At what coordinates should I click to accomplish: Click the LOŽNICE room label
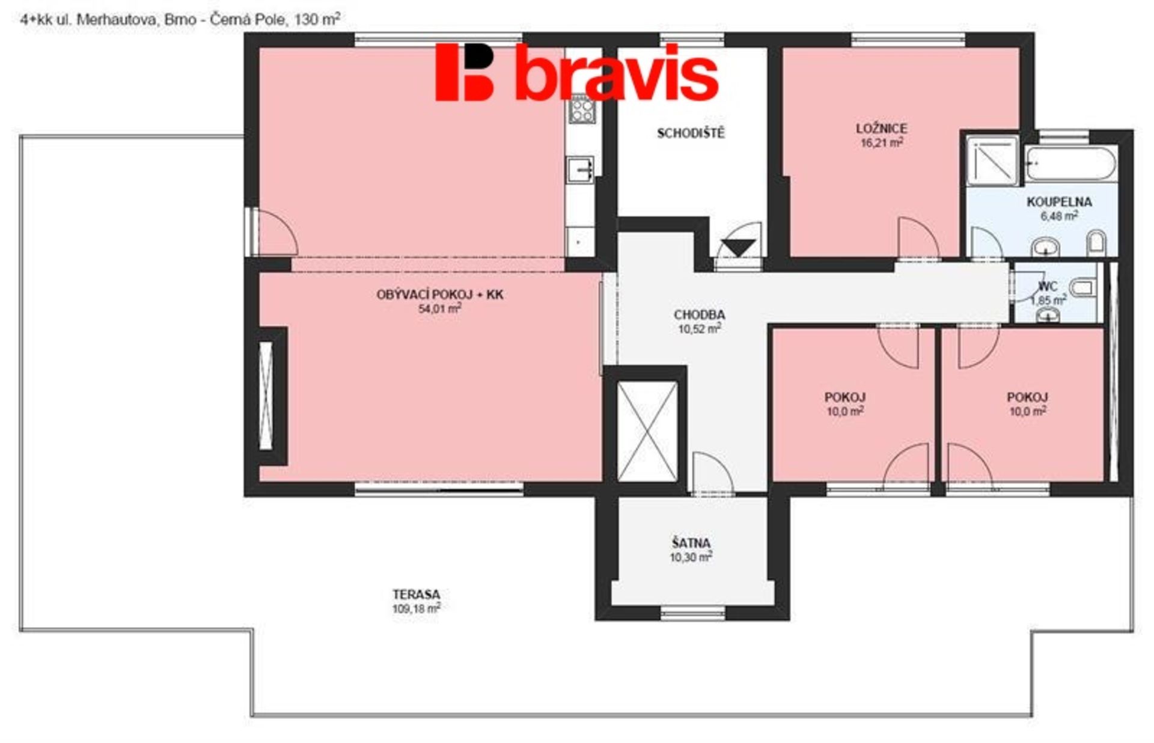pyautogui.click(x=881, y=128)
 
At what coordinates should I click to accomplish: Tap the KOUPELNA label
pyautogui.click(x=1059, y=202)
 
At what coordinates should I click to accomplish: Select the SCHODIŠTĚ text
pyautogui.click(x=691, y=133)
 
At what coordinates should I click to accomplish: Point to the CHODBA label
pyautogui.click(x=699, y=314)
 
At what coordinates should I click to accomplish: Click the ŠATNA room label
pyautogui.click(x=691, y=543)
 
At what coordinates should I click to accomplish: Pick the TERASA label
pyautogui.click(x=416, y=595)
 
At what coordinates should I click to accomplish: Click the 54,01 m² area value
pyautogui.click(x=439, y=309)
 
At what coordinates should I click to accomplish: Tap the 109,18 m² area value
pyautogui.click(x=416, y=608)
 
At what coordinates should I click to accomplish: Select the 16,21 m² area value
pyautogui.click(x=881, y=142)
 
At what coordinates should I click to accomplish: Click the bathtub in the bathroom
pyautogui.click(x=1070, y=164)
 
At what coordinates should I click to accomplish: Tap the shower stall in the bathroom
pyautogui.click(x=992, y=160)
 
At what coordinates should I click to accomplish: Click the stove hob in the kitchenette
pyautogui.click(x=582, y=109)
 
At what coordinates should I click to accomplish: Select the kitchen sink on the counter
pyautogui.click(x=581, y=170)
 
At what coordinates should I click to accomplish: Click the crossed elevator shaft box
pyautogui.click(x=647, y=431)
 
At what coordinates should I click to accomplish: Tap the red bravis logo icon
pyautogui.click(x=464, y=72)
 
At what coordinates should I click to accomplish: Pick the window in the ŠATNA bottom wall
pyautogui.click(x=693, y=613)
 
